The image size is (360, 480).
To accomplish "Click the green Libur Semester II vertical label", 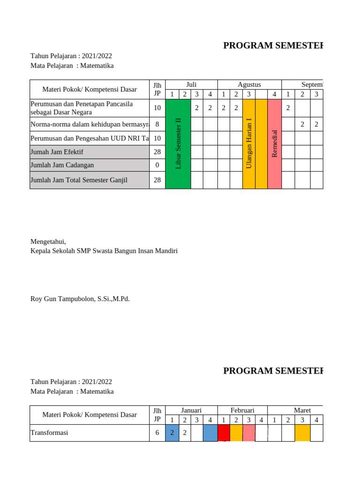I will click(178, 143).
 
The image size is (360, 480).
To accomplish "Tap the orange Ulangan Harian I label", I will click(249, 143).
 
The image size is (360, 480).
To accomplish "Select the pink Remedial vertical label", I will click(274, 143).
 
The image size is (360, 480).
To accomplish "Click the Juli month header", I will click(191, 84).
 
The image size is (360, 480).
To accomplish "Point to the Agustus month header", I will click(249, 84).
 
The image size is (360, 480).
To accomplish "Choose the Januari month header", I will click(191, 410).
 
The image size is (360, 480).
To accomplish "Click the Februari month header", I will click(242, 410).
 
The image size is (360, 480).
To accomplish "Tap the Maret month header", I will click(302, 410).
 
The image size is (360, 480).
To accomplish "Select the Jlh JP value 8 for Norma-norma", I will click(157, 124).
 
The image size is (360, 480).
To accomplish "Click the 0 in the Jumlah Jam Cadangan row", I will click(157, 165).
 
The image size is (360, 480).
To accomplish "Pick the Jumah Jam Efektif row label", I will click(57, 152).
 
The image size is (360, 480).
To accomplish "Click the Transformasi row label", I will click(49, 433).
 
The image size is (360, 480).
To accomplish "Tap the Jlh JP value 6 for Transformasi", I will click(157, 433).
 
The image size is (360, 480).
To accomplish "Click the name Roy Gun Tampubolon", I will click(80, 299).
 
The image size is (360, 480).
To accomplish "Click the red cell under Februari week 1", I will click(224, 433).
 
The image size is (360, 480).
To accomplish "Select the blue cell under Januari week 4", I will click(210, 433).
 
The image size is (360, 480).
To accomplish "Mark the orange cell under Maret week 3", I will click(302, 433).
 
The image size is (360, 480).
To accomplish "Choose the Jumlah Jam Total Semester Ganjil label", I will click(79, 180).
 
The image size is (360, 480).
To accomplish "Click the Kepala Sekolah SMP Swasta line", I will click(104, 251).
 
